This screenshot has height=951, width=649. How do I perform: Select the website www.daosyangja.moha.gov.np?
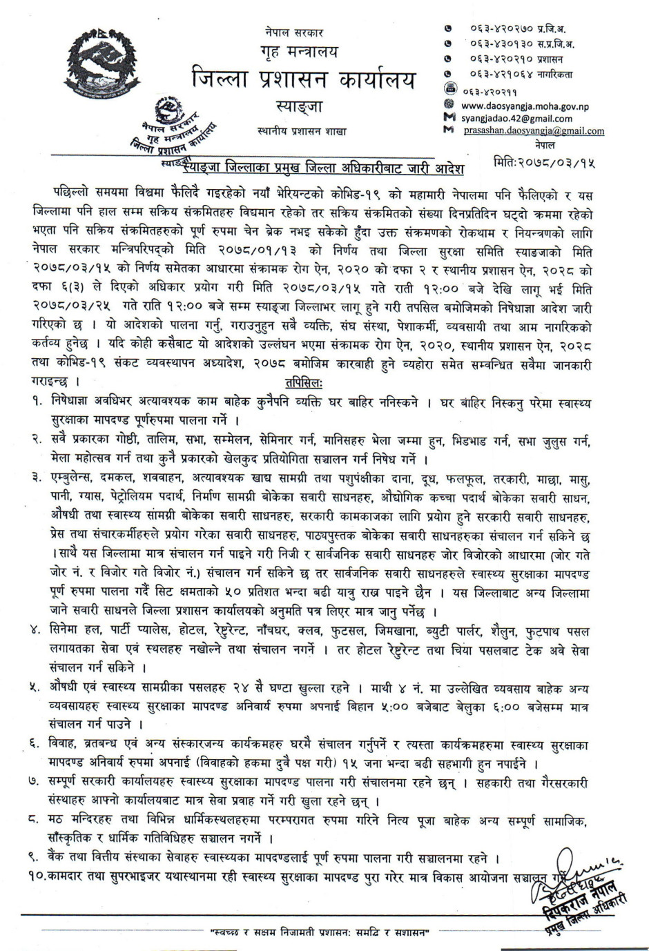click(524, 106)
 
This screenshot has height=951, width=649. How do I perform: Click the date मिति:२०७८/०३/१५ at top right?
click(544, 164)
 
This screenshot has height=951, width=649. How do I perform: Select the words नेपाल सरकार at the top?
click(293, 32)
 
